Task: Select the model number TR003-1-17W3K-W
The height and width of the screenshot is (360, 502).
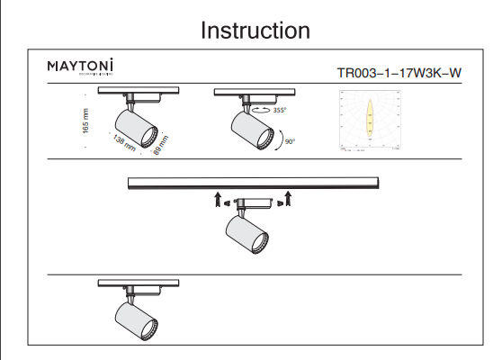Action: pyautogui.click(x=399, y=75)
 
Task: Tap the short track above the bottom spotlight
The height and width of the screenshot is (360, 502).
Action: pyautogui.click(x=139, y=283)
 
